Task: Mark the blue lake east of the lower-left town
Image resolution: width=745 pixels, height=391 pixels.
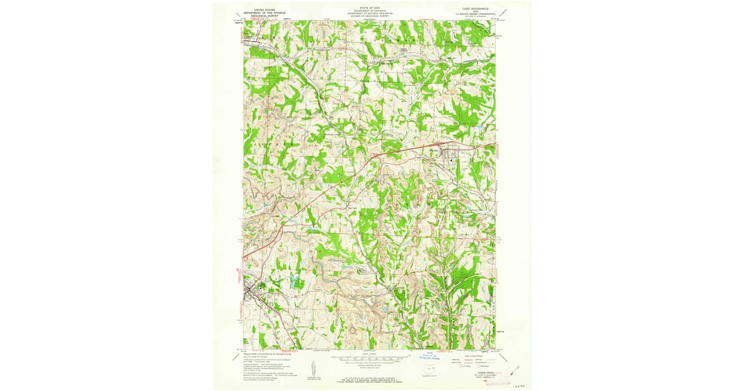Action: pos(290,282)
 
